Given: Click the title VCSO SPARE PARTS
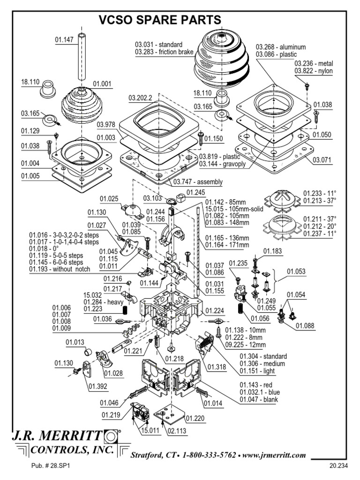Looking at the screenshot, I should pos(159,20).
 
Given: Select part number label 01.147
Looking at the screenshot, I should pos(64,40).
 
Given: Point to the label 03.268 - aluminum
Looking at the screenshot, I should pos(281,47).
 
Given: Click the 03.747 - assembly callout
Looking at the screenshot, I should pos(198,182).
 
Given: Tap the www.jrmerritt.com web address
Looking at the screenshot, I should pos(274,455).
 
